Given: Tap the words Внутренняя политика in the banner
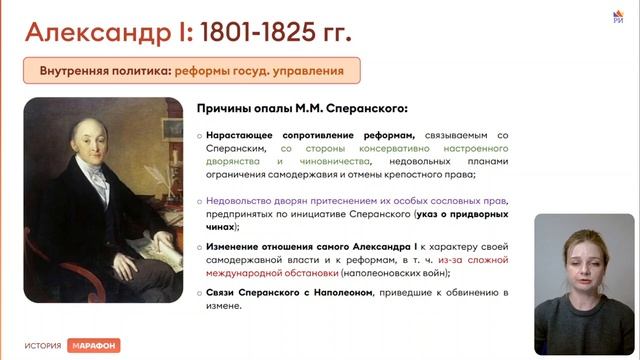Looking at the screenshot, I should (103, 71).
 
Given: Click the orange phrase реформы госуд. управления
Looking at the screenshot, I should (259, 71).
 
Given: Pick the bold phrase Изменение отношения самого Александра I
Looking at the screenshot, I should (316, 246).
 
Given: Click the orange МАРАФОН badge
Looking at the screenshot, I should (94, 345).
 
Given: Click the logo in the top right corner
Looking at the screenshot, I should (617, 13).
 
